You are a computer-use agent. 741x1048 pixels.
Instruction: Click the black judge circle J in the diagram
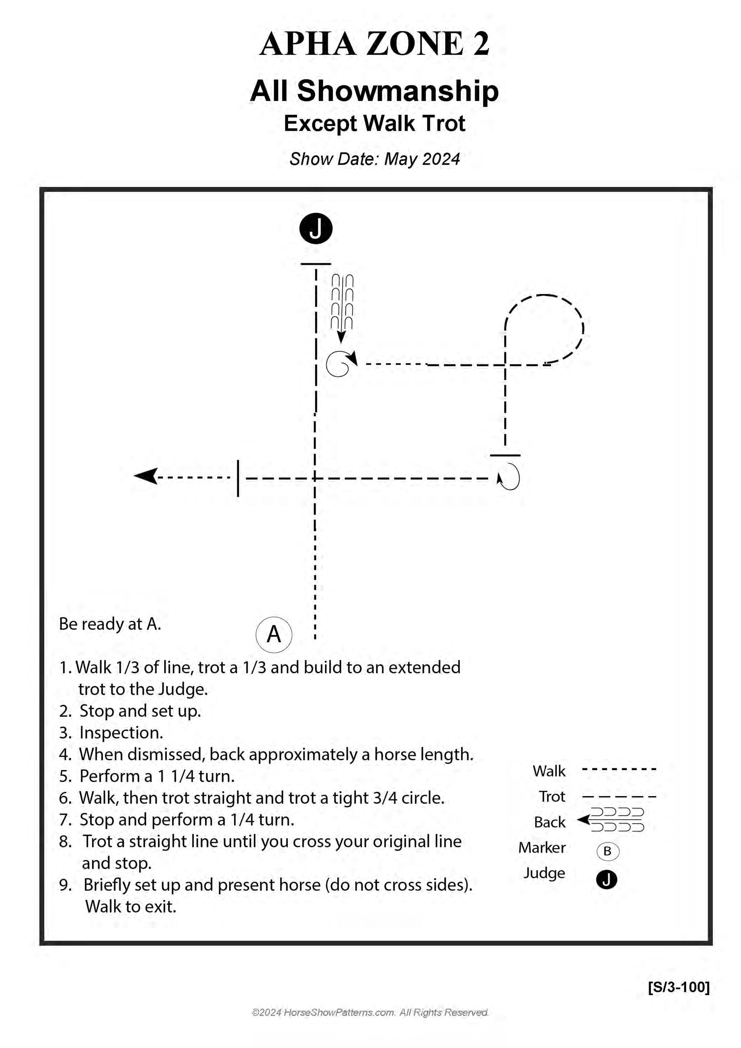coord(315,228)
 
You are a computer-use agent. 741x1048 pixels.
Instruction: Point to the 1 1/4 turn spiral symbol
coord(340,364)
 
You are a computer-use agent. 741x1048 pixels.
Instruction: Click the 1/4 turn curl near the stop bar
coord(509,477)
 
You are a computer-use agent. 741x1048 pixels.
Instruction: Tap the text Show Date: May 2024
coord(374,159)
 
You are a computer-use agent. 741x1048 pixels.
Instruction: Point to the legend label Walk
coord(549,771)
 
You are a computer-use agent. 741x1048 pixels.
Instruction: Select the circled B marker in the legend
coord(607,851)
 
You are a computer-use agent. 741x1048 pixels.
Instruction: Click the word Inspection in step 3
coord(121,733)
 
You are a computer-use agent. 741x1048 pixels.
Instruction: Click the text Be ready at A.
coord(110,624)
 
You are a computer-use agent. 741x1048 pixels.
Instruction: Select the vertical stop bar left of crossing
coord(238,478)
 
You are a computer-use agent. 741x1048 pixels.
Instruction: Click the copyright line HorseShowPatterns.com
coord(370,1012)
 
